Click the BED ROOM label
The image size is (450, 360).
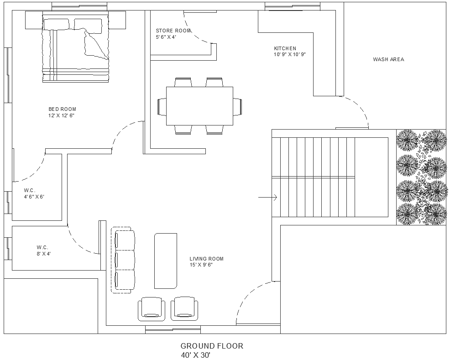click(x=62, y=109)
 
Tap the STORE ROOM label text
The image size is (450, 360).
click(x=173, y=31)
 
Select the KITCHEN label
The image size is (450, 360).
click(x=285, y=48)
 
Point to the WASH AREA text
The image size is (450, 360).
click(x=388, y=59)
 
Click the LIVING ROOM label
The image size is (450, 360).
click(x=206, y=259)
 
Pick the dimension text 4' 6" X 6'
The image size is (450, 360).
click(x=34, y=197)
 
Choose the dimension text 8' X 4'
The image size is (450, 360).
click(x=43, y=253)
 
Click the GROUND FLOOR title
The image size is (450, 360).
click(x=212, y=346)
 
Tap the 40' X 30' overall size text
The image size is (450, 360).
click(x=195, y=355)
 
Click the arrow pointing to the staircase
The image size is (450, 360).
click(x=268, y=197)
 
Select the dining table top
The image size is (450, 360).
click(x=199, y=106)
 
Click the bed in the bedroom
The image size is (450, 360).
click(x=76, y=48)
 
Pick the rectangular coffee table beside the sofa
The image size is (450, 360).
click(x=165, y=261)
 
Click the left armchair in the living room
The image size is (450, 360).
click(x=152, y=309)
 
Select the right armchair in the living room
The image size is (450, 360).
click(x=185, y=309)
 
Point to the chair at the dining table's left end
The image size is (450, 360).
click(x=162, y=106)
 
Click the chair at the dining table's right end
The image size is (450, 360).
click(x=237, y=106)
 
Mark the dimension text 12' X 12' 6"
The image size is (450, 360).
click(x=61, y=115)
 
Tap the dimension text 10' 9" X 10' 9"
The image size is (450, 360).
click(x=289, y=54)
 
